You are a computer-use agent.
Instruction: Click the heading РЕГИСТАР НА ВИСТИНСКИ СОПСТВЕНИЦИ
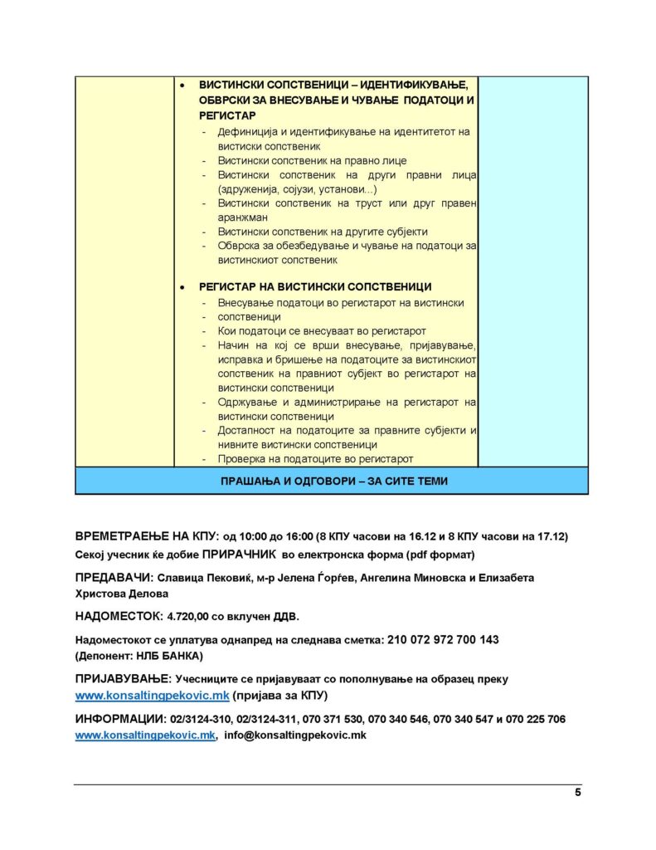click(x=314, y=287)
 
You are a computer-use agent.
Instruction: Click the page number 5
click(x=577, y=793)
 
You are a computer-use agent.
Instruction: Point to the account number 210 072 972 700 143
click(x=443, y=640)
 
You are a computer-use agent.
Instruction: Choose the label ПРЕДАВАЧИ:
click(x=114, y=578)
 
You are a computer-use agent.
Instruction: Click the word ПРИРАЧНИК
click(x=240, y=554)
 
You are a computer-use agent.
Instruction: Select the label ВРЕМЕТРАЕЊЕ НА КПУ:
click(x=146, y=537)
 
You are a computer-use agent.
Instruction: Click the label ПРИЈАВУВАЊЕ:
click(x=124, y=679)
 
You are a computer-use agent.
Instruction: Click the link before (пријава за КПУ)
click(x=152, y=695)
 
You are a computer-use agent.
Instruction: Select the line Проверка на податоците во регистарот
click(x=315, y=459)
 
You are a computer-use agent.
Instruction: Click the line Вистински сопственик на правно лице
click(x=312, y=160)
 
